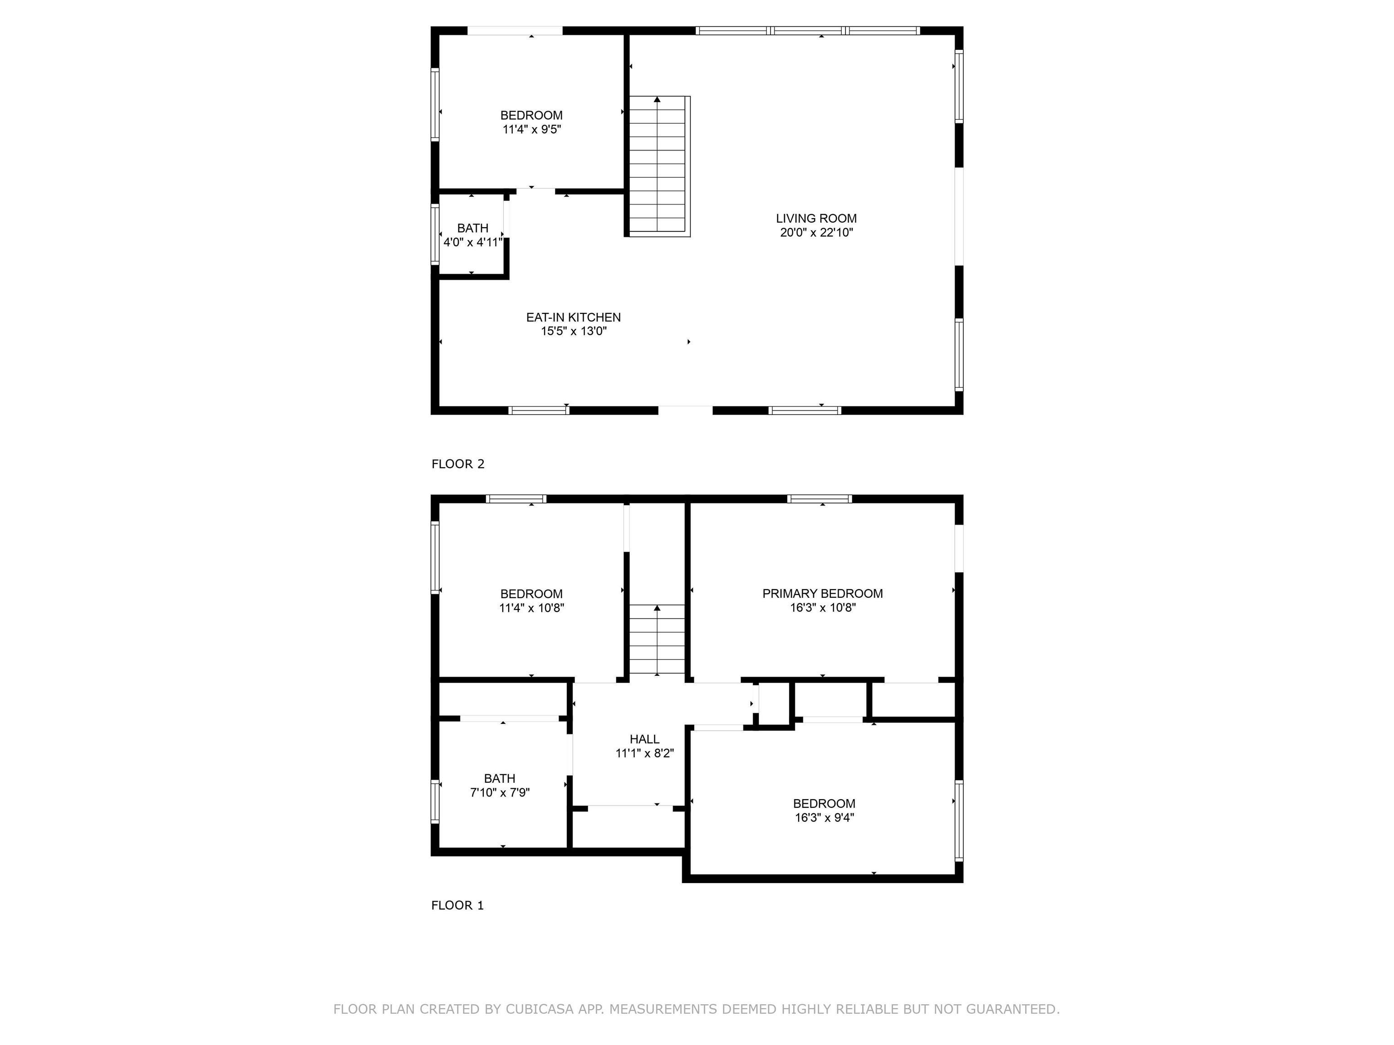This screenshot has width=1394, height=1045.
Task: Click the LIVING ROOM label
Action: point(816,219)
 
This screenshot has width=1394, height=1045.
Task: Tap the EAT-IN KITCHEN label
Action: point(574,317)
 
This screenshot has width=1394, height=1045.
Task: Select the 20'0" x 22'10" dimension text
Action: point(816,232)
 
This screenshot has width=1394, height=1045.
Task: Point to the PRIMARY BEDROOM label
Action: point(822,593)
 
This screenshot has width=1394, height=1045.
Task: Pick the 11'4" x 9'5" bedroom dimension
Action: point(531,129)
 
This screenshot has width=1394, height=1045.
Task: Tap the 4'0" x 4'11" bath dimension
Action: point(473,242)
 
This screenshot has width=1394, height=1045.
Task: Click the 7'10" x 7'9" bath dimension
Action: point(500,792)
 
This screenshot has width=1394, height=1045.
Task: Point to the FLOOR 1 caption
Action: point(457,905)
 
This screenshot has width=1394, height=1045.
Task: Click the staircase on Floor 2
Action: point(659,166)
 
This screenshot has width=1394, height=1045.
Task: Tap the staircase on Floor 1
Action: point(658,640)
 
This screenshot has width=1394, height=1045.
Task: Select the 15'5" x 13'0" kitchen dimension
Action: point(574,332)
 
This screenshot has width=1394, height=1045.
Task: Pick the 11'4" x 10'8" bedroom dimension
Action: point(531,608)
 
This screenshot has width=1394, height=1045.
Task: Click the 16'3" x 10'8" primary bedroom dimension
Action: point(822,608)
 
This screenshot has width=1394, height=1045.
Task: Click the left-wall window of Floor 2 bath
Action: point(435,234)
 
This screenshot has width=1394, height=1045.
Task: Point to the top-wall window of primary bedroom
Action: point(819,499)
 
